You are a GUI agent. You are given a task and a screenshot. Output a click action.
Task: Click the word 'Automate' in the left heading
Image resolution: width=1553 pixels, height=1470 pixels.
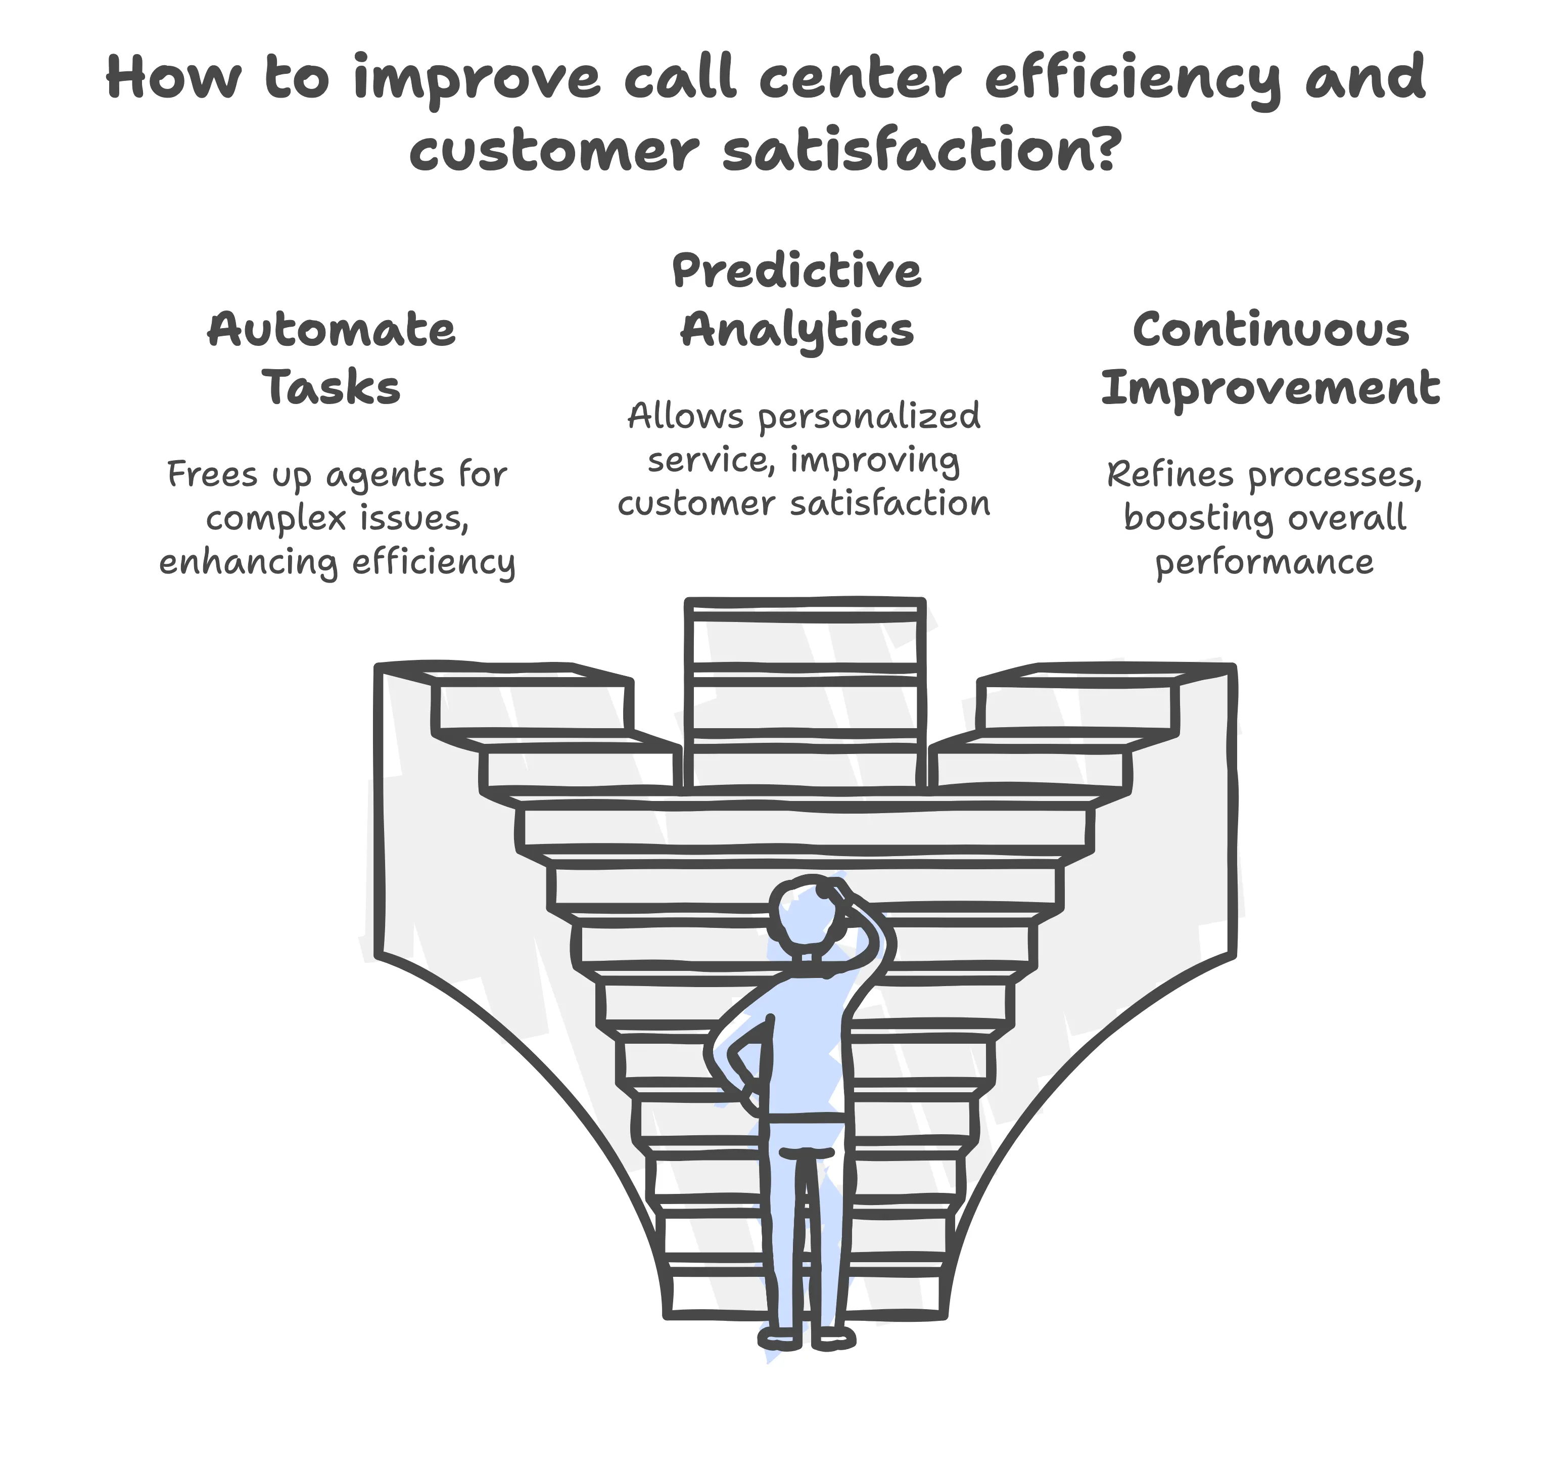[x=332, y=330]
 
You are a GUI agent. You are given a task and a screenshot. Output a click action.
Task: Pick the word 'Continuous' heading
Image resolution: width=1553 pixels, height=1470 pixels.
[x=1271, y=330]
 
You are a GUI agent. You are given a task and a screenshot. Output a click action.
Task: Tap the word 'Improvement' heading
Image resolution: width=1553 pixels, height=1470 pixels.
[x=1270, y=389]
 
